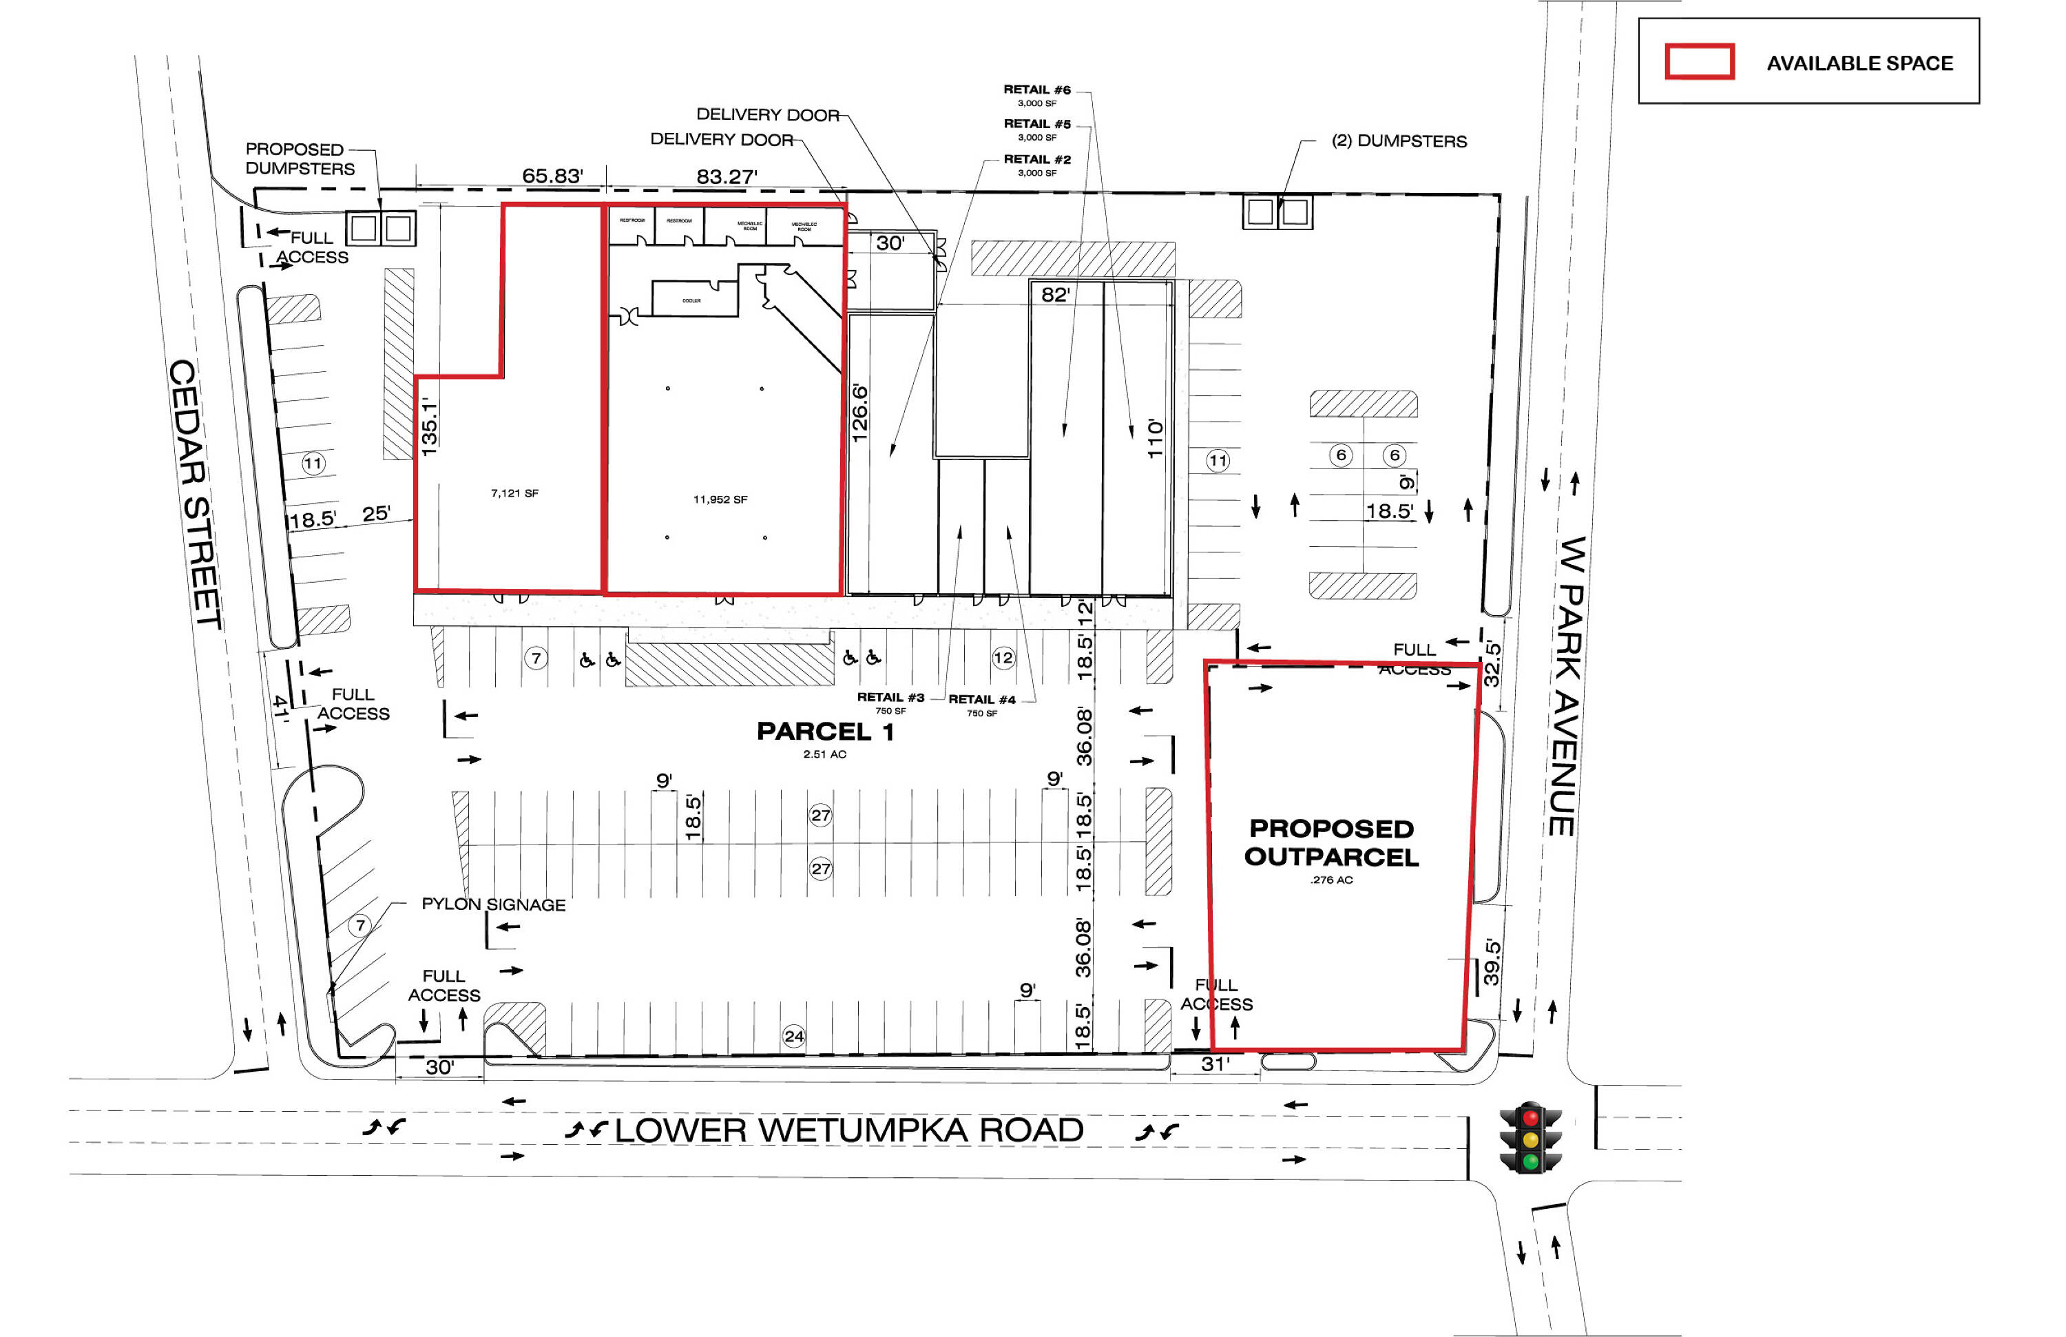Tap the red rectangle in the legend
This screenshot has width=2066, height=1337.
[1699, 61]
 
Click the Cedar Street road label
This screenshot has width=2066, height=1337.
[196, 494]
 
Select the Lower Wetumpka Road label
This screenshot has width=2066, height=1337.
[848, 1130]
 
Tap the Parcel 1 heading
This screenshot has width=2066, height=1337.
[824, 732]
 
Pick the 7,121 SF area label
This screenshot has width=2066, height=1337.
[514, 493]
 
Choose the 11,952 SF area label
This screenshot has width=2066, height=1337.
[720, 499]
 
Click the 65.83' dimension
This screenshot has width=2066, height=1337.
[552, 176]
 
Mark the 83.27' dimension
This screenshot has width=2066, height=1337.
[727, 177]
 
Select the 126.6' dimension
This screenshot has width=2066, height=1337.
[859, 413]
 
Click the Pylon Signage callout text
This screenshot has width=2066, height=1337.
[493, 904]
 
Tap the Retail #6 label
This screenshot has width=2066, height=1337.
[1036, 90]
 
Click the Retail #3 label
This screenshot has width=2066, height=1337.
[890, 697]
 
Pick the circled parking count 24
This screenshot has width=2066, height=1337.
[793, 1036]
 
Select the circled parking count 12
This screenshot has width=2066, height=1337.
[1003, 657]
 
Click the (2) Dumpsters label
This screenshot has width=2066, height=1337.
[1399, 141]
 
